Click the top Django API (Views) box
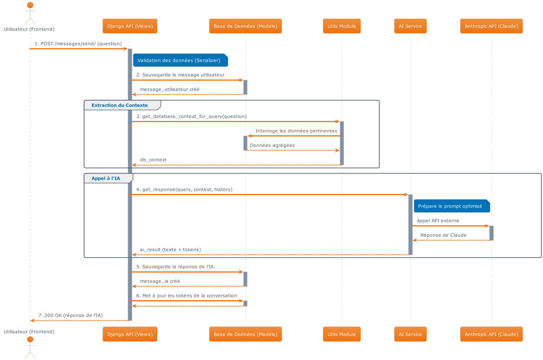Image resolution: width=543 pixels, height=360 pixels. tap(130, 26)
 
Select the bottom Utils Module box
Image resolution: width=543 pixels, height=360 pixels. tap(342, 334)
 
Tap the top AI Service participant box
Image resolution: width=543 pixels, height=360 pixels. tap(410, 26)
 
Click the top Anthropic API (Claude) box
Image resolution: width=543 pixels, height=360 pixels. tap(491, 26)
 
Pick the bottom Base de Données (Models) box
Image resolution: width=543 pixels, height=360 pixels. tap(245, 334)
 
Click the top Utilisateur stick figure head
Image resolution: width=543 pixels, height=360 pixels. tap(30, 5)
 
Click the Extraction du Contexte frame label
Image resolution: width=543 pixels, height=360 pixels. tap(120, 105)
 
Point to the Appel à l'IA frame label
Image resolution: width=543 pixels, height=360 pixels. tap(106, 179)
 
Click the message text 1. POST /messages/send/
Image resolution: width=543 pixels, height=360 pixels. tap(78, 44)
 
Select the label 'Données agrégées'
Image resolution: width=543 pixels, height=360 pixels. tap(272, 145)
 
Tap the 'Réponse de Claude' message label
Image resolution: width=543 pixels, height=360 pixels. tap(443, 235)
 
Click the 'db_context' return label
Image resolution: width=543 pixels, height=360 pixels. tap(153, 160)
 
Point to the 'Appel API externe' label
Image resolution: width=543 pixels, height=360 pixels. tap(438, 221)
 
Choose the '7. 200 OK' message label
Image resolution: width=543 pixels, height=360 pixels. tap(71, 315)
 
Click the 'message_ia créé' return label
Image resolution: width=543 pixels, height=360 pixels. tap(160, 281)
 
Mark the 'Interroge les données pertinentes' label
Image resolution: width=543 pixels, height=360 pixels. tap(296, 131)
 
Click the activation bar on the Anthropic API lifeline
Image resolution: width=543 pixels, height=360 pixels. tap(491, 233)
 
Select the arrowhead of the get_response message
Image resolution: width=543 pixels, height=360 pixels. tap(406, 194)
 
